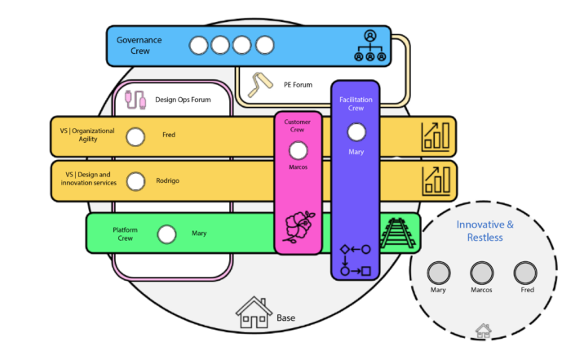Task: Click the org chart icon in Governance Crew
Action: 370,46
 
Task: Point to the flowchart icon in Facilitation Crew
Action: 355,259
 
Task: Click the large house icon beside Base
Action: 253,313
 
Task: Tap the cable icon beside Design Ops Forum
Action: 137,100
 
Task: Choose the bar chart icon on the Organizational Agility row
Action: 435,136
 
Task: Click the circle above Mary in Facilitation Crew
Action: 356,131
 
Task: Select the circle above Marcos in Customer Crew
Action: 299,150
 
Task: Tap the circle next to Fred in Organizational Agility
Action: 135,136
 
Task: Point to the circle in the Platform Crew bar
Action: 166,233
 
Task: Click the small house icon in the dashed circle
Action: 483,331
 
